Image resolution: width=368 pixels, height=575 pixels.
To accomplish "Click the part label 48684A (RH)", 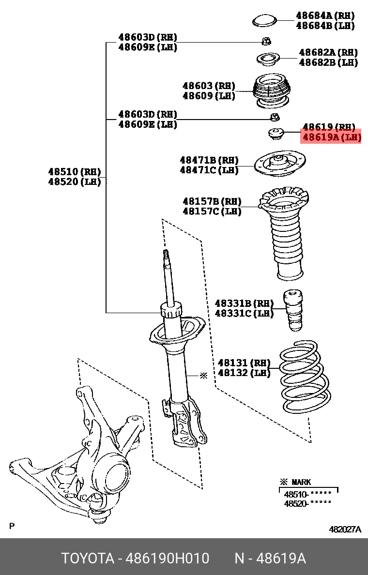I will coord(326,16).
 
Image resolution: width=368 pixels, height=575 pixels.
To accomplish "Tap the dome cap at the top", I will coord(264,21).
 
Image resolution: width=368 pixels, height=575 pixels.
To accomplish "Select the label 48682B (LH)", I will coord(328,62).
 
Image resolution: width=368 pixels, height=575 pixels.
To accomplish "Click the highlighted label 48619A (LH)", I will coord(332,137).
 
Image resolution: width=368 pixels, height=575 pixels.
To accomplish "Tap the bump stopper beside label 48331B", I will coord(293,310).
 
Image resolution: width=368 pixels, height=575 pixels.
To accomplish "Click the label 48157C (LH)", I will coord(212,212).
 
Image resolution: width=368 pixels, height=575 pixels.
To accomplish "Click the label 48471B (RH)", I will coord(209,160).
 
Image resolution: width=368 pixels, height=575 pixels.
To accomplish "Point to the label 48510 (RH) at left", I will coord(75,171).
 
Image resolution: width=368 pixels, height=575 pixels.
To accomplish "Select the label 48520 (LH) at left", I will coord(75,182).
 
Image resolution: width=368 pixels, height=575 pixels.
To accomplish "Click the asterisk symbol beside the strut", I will coord(203,375).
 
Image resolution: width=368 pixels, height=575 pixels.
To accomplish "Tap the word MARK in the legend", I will coord(301,482).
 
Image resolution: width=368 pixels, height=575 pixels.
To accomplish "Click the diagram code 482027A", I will coord(345,529).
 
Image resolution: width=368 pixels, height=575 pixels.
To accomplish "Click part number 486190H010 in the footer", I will coord(168,559).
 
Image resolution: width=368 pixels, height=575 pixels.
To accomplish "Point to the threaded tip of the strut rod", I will coord(166,255).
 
